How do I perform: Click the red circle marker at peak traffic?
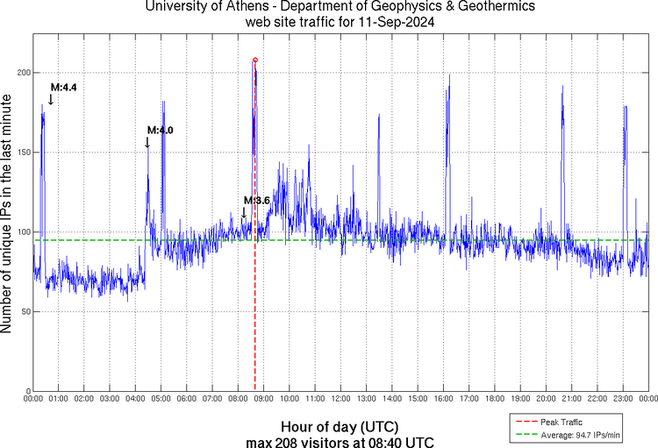click(255, 60)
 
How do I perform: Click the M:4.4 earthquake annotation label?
click(64, 88)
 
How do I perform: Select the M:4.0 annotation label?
click(160, 130)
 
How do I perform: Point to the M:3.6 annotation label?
click(256, 201)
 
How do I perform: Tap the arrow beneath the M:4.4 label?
click(51, 100)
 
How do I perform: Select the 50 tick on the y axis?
click(25, 311)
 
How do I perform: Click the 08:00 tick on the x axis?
click(238, 399)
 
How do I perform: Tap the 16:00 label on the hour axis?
click(443, 399)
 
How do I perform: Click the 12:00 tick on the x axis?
click(340, 399)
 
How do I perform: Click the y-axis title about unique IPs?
click(9, 214)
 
